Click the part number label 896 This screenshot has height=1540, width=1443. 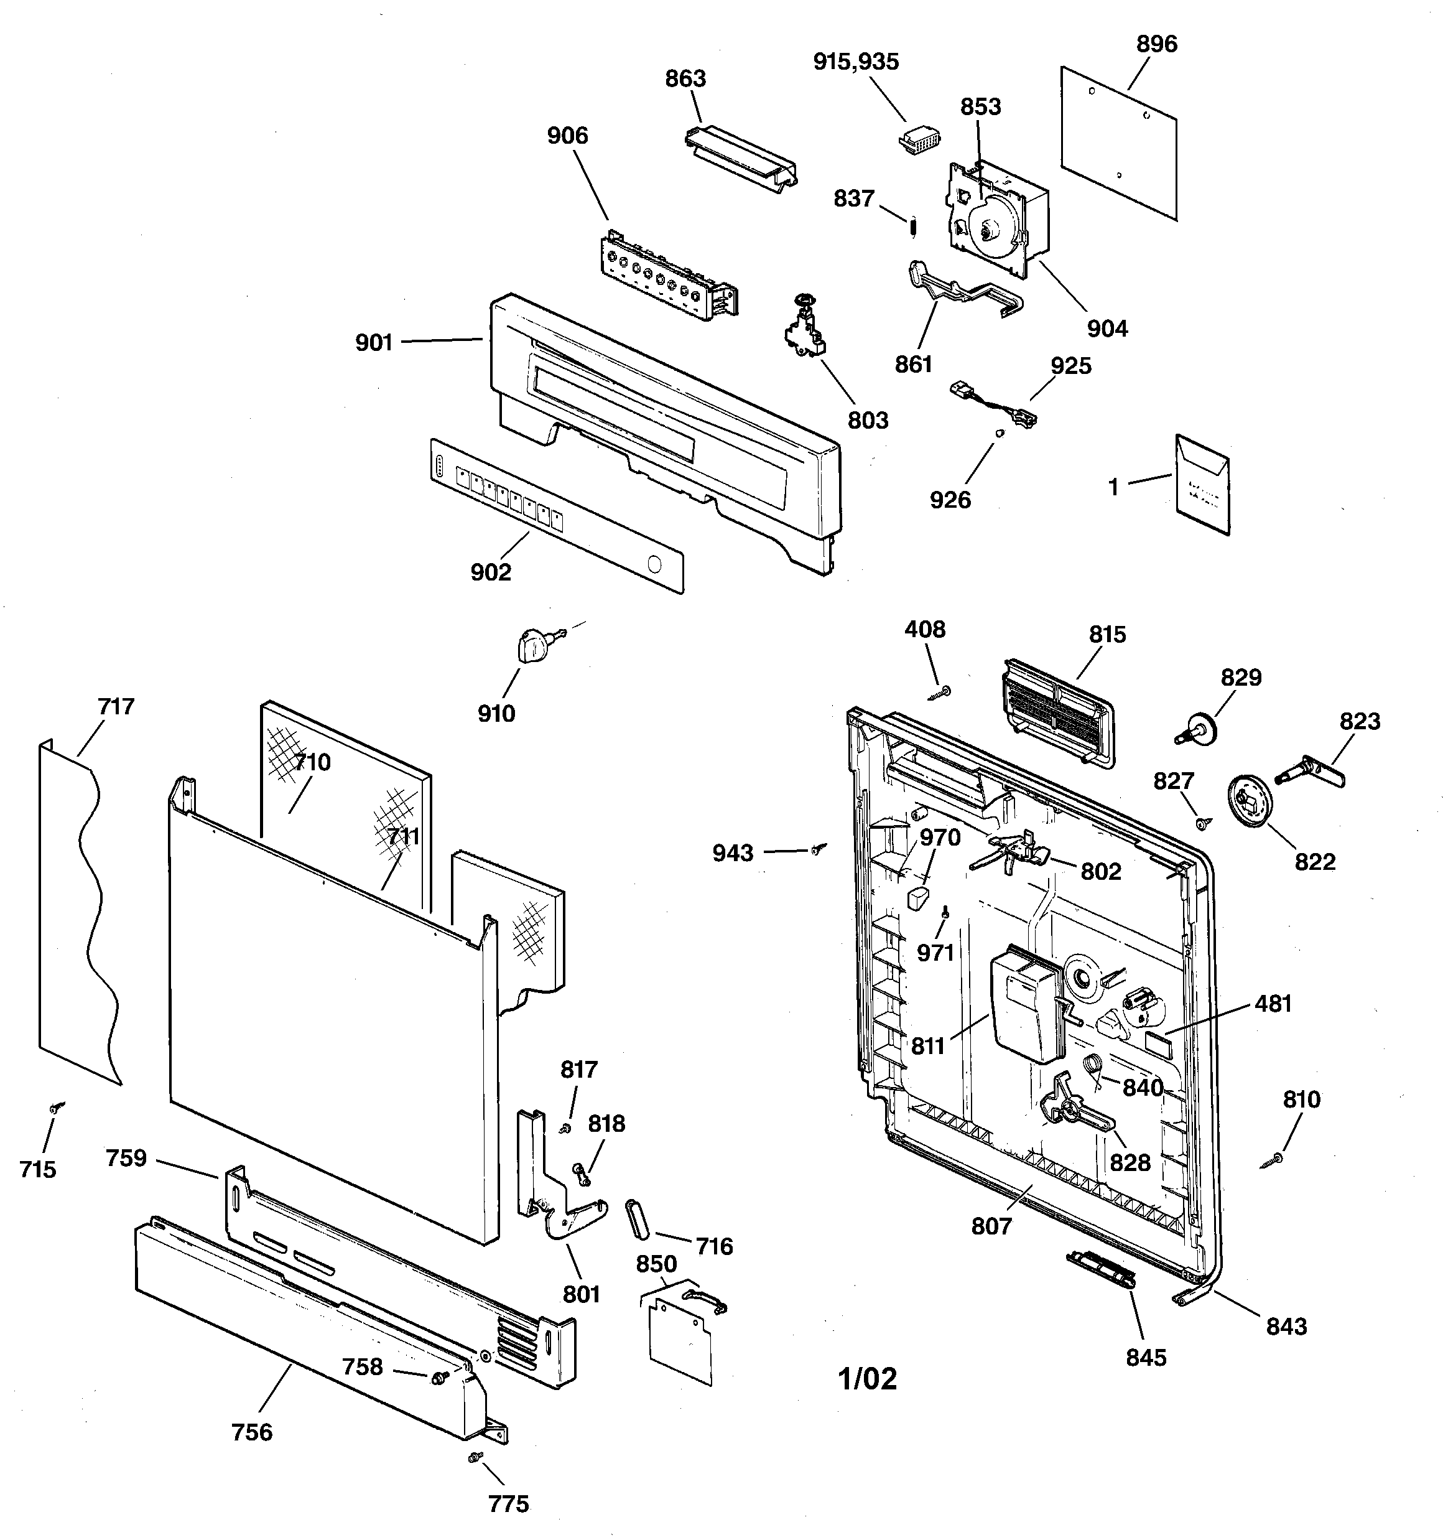1156,45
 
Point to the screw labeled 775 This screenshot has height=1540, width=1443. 474,1458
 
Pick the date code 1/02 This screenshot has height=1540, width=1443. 868,1379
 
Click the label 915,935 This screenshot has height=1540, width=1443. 856,62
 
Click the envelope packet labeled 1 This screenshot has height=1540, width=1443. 1202,486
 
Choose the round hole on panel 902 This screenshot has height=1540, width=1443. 654,564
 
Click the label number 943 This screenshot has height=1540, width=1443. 733,854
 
